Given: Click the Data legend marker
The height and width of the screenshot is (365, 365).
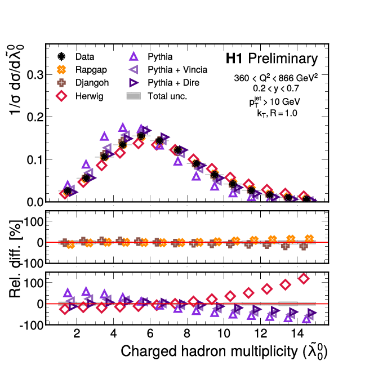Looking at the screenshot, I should click(x=62, y=57).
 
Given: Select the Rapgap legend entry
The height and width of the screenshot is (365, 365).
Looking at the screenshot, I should click(x=84, y=70).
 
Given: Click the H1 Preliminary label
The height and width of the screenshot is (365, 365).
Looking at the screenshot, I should click(x=271, y=59).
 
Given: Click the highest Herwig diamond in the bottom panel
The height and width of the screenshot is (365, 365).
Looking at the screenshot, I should click(x=304, y=278).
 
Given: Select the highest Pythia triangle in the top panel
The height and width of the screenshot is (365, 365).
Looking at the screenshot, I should click(x=123, y=128).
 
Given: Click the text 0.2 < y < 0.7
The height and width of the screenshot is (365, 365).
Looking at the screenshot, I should click(x=276, y=89).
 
